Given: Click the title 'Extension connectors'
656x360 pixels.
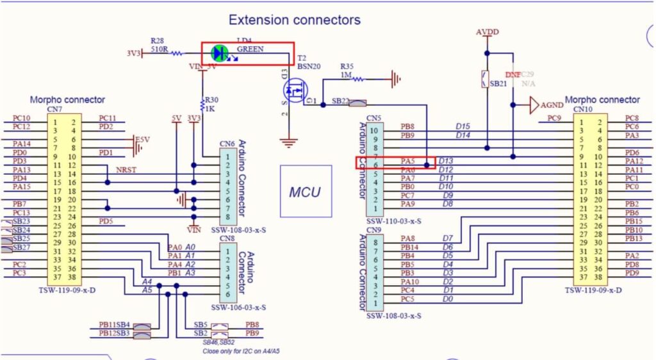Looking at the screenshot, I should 295,20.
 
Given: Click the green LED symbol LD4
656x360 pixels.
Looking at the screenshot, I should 220,53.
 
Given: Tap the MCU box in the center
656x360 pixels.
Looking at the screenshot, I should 306,192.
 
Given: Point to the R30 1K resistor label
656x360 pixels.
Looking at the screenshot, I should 211,104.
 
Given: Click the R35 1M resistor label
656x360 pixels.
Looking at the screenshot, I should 347,70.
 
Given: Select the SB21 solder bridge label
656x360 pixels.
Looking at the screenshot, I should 499,83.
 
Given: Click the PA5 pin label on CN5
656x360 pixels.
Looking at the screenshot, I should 407,161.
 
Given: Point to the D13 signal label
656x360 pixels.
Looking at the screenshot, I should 447,161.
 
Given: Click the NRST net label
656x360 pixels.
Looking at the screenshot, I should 126,169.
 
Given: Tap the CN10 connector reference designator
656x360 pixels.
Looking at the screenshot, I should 582,109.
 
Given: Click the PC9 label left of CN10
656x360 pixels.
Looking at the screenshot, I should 555,118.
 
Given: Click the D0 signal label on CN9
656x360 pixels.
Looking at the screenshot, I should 448,299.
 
